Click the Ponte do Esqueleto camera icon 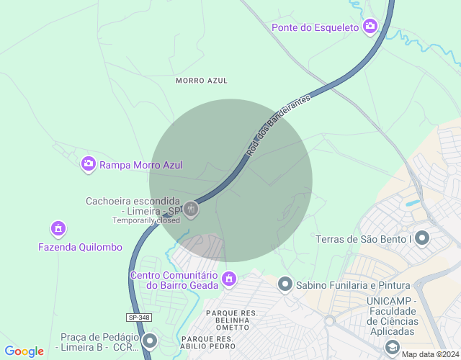coord(370,27)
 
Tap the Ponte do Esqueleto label coord(315,27)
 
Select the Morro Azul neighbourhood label coord(201,81)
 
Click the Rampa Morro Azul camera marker coord(89,164)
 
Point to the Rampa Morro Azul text coord(140,165)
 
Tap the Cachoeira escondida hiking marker coord(191,210)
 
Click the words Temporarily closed coord(146,220)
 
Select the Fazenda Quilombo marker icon coord(58,229)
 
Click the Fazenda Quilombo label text coord(80,247)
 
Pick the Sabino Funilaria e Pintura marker coord(285,284)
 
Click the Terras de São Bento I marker coord(422,238)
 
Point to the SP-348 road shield coord(140,318)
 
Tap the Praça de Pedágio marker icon coord(150,340)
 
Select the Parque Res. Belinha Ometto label coord(232,320)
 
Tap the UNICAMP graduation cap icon coord(393,347)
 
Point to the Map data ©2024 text coord(430,354)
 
